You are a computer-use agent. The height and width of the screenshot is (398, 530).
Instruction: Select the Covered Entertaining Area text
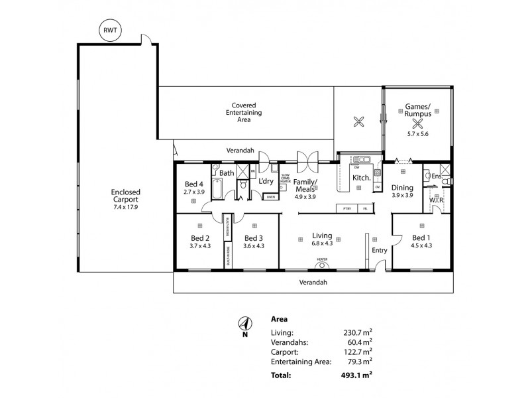[244, 112]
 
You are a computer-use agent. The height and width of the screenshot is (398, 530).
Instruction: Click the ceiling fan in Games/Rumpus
[418, 121]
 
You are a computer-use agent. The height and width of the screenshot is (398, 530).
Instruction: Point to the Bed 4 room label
[194, 184]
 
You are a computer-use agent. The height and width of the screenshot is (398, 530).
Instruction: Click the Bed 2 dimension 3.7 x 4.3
[200, 246]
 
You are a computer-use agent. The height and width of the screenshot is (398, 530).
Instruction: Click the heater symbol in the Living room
[322, 265]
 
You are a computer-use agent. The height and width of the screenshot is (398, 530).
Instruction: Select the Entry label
[379, 250]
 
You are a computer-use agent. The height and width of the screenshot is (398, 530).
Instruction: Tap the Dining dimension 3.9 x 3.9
[402, 196]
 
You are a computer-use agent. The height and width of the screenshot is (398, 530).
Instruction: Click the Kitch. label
[362, 178]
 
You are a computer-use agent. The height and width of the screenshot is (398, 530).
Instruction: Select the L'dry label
[266, 180]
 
